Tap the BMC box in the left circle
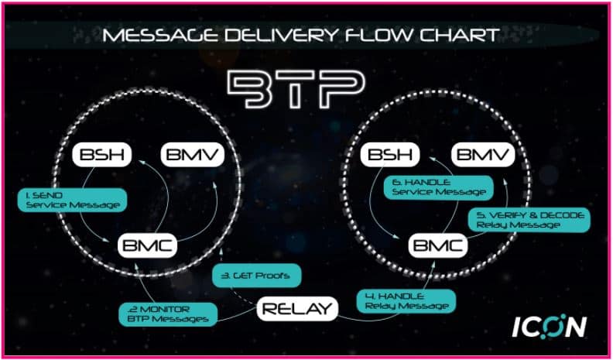(147, 246)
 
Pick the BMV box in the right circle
(481, 155)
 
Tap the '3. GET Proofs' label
(255, 275)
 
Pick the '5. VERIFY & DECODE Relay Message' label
(530, 218)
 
